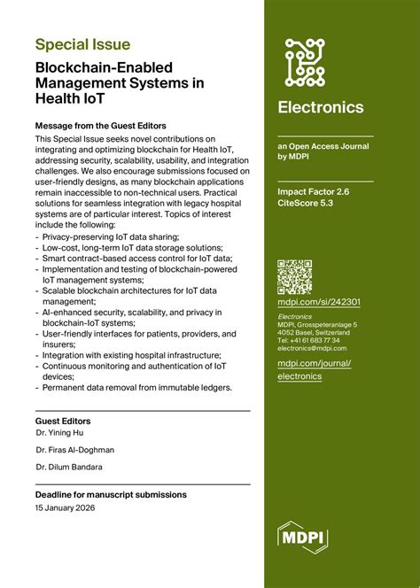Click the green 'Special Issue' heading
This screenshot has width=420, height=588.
pos(82,44)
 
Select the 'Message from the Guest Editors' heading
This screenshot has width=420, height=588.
pos(100,125)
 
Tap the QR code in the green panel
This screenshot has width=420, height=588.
pos(294,276)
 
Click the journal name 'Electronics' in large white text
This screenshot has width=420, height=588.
pos(320,107)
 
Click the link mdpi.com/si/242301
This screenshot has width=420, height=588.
pos(318,302)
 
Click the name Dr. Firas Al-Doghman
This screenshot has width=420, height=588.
pos(74,450)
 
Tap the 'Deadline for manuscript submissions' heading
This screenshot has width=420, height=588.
pos(111,494)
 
